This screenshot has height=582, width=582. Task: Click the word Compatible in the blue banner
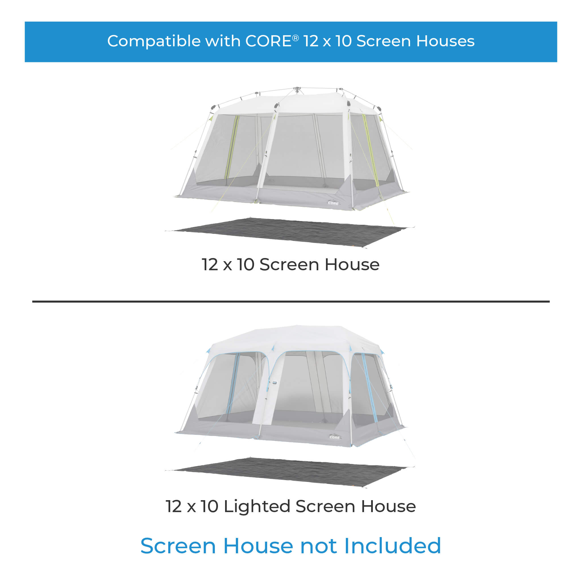pyautogui.click(x=154, y=41)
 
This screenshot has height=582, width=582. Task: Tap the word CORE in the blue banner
pyautogui.click(x=268, y=41)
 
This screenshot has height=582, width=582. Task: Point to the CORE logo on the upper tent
pyautogui.click(x=333, y=203)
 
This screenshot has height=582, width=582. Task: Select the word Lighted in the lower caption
pyautogui.click(x=257, y=506)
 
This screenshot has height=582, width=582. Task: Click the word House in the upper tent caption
pyautogui.click(x=352, y=265)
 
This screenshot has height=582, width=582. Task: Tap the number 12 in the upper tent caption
pyautogui.click(x=210, y=265)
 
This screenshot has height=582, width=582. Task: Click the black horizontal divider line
pyautogui.click(x=291, y=301)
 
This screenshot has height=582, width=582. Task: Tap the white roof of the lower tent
pyautogui.click(x=297, y=337)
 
